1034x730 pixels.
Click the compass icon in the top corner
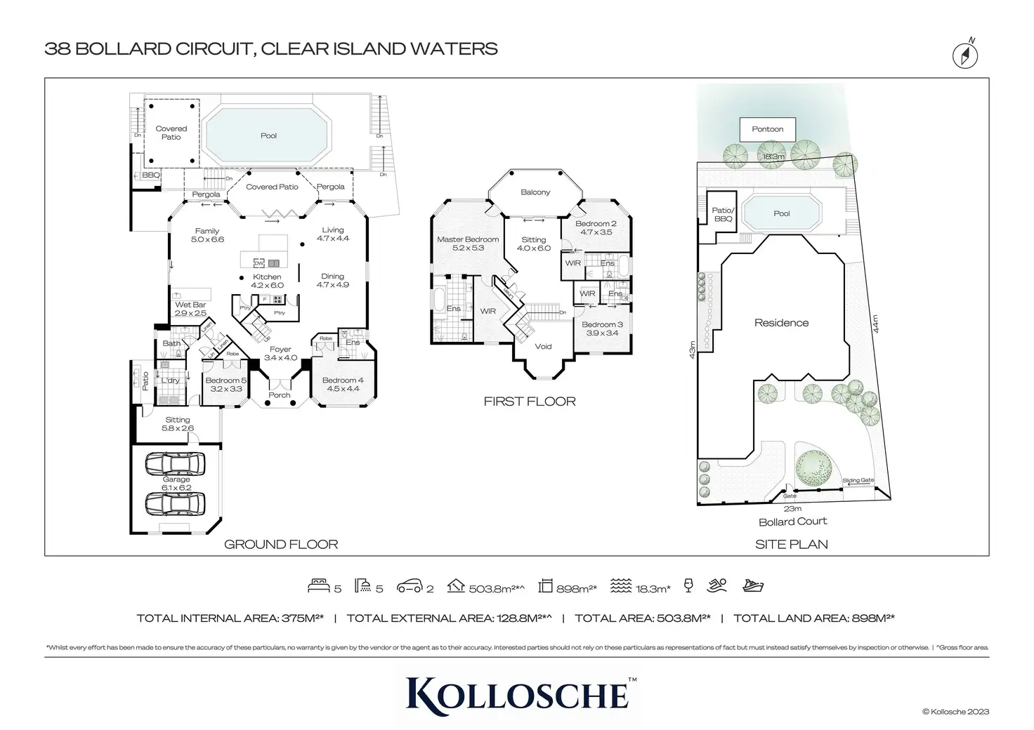pyautogui.click(x=965, y=55)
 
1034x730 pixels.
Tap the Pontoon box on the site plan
pyautogui.click(x=767, y=129)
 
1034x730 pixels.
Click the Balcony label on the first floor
pyautogui.click(x=535, y=192)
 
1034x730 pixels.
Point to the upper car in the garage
pyautogui.click(x=176, y=464)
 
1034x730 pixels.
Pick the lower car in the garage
pyautogui.click(x=176, y=503)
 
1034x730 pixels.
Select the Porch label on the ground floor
pyautogui.click(x=280, y=395)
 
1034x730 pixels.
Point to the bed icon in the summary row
pyautogui.click(x=319, y=586)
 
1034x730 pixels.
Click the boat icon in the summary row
pyautogui.click(x=752, y=586)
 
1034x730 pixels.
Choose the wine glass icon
pyautogui.click(x=688, y=586)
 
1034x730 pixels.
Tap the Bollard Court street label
pyautogui.click(x=792, y=522)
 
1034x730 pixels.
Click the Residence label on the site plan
pyautogui.click(x=781, y=323)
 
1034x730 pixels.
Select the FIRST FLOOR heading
pyautogui.click(x=530, y=401)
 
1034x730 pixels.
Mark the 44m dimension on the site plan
pyautogui.click(x=875, y=324)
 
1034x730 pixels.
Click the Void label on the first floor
pyautogui.click(x=543, y=347)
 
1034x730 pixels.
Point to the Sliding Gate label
pyautogui.click(x=858, y=481)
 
